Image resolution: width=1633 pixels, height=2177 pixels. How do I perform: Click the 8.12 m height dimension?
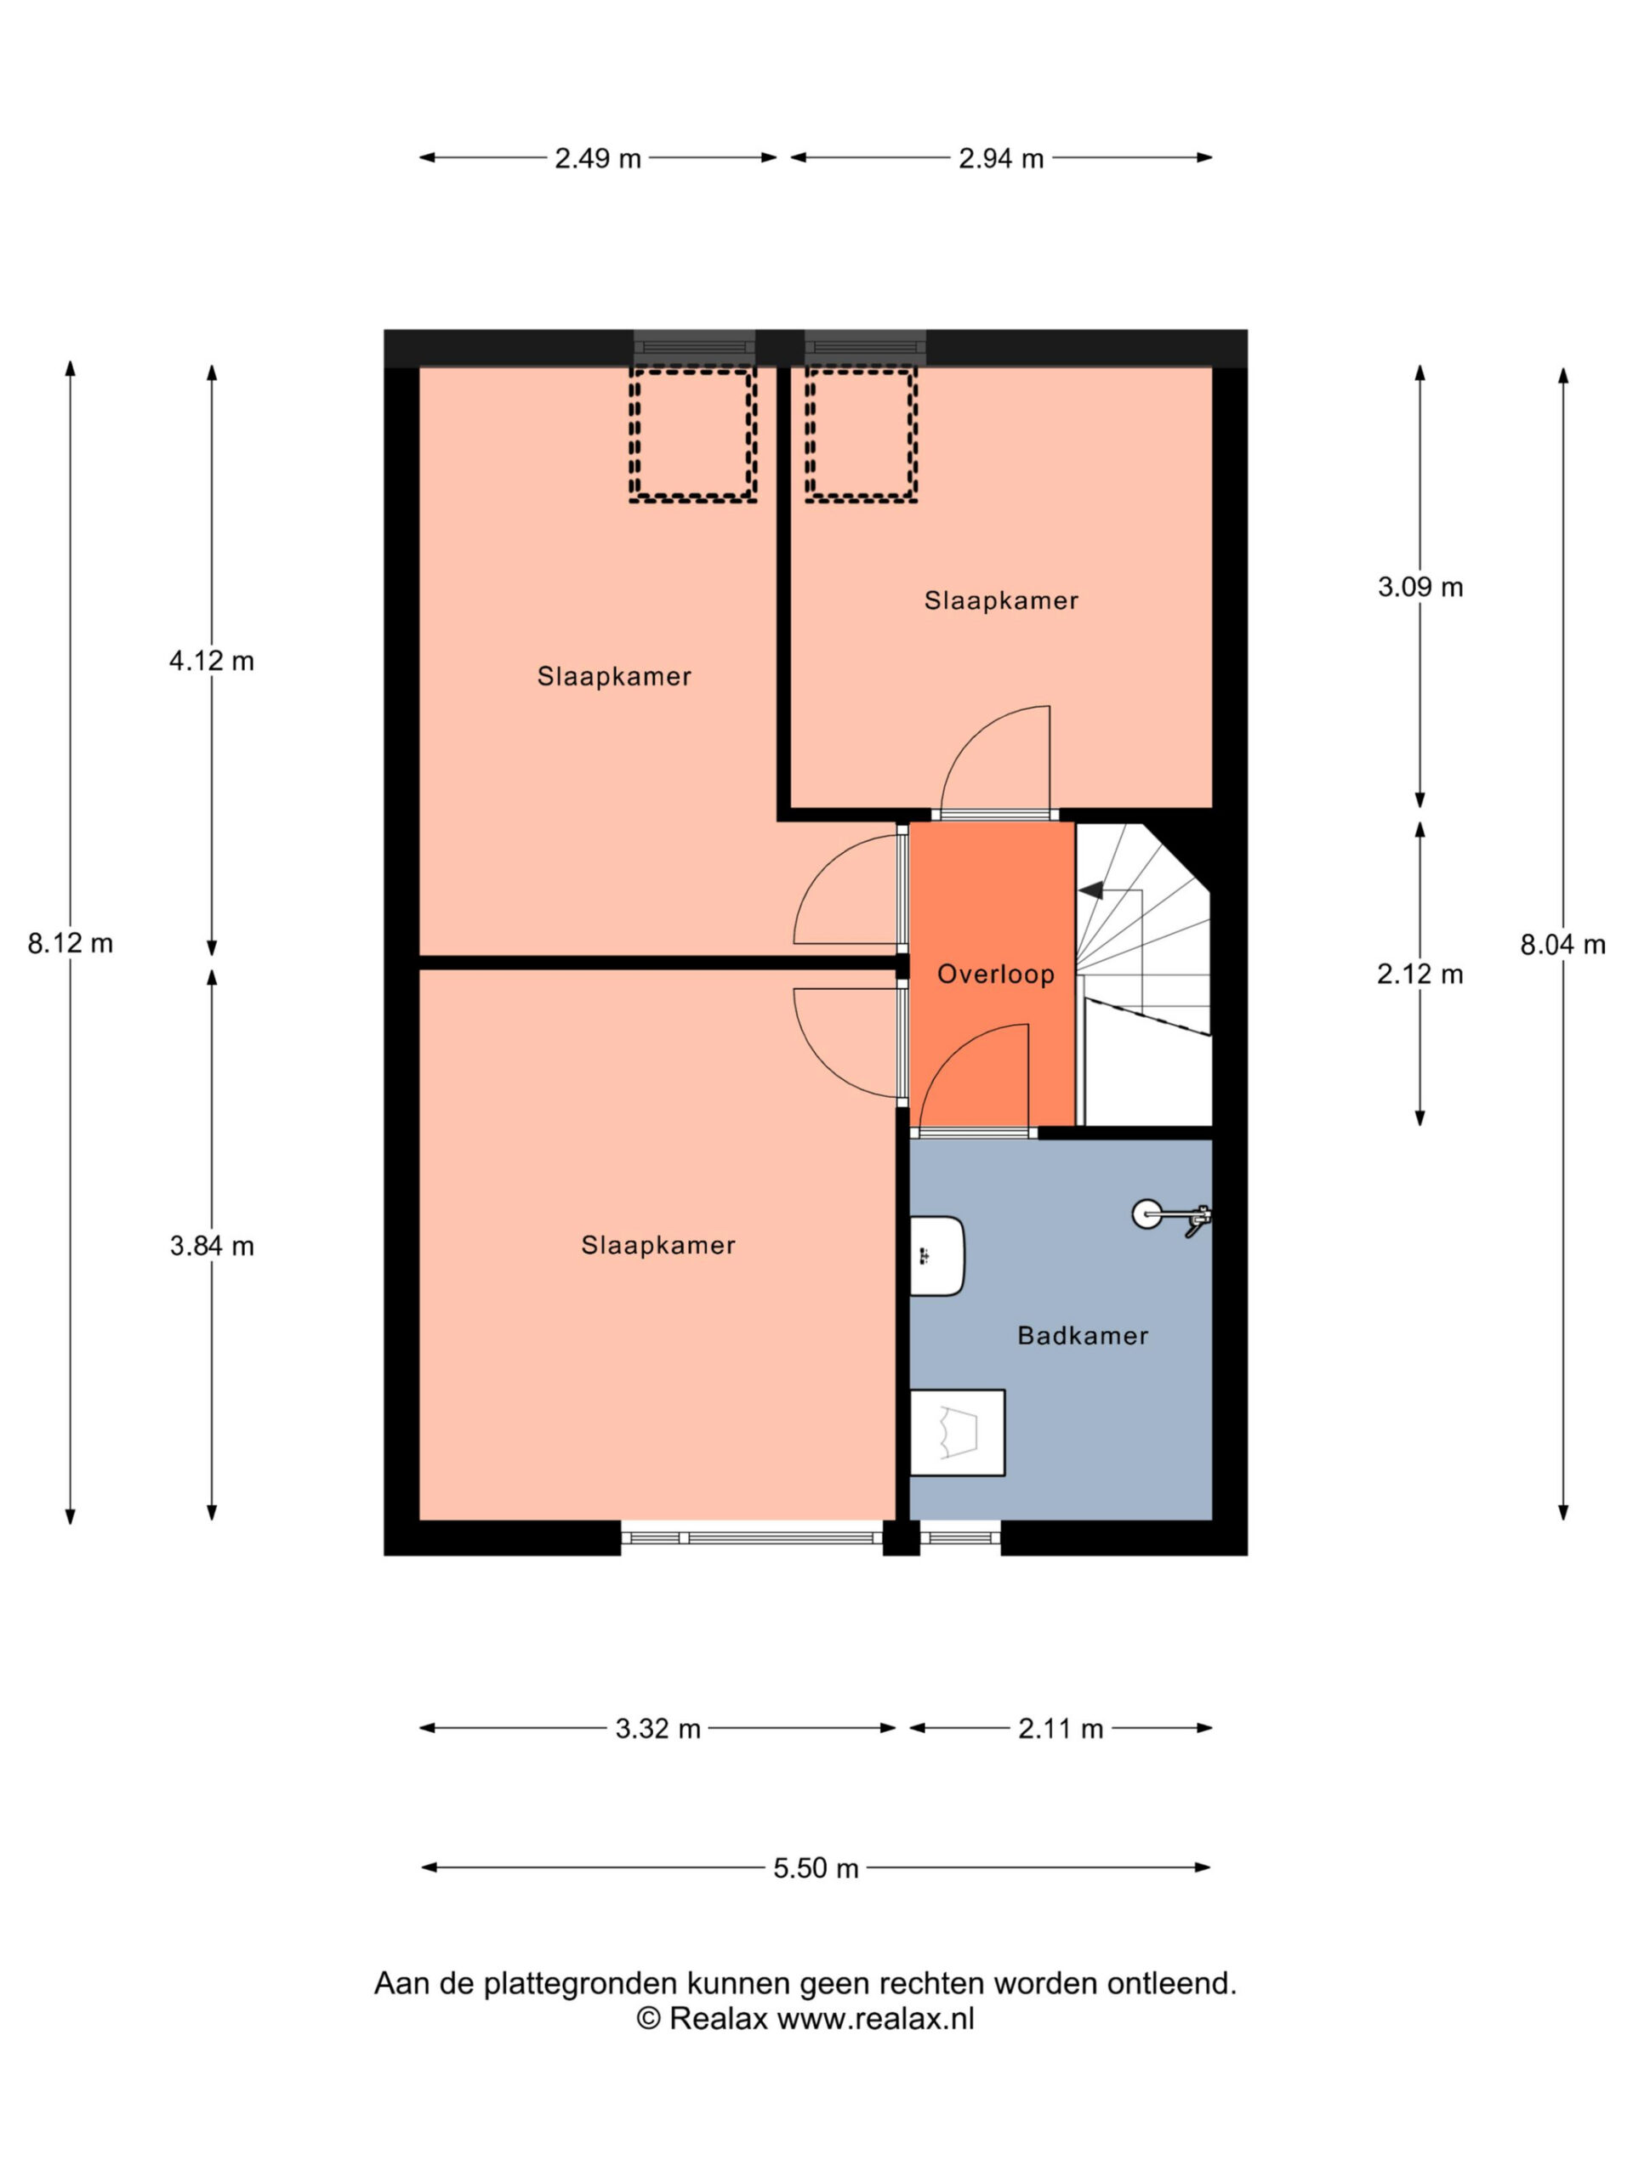tap(70, 943)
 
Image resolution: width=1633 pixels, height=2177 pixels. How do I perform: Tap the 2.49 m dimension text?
tap(597, 157)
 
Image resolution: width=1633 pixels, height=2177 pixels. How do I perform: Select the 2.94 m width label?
tap(1001, 157)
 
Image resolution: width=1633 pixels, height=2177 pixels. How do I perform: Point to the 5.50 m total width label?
tap(816, 1867)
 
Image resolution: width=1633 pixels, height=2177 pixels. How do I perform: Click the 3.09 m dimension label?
tap(1420, 587)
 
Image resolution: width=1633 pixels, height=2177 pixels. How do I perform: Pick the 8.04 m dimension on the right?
tap(1562, 944)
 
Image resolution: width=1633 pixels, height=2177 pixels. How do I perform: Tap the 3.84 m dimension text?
tap(212, 1245)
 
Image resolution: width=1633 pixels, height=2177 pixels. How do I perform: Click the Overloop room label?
tap(995, 974)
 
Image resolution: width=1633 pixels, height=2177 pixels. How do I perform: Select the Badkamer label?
tap(1083, 1334)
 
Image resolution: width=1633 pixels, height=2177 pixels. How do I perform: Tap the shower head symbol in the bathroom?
tap(1171, 1216)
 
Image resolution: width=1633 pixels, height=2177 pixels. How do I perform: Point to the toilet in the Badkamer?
tap(957, 1432)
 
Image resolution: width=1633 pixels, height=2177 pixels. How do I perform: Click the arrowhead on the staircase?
tap(1090, 890)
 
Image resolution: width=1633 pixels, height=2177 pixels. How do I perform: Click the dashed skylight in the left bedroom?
tap(693, 434)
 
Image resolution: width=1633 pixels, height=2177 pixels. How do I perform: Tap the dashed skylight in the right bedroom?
tap(862, 434)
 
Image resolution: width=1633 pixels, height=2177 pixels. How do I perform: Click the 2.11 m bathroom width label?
tap(1060, 1728)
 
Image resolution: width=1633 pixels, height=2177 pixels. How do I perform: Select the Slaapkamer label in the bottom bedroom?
tap(658, 1245)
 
